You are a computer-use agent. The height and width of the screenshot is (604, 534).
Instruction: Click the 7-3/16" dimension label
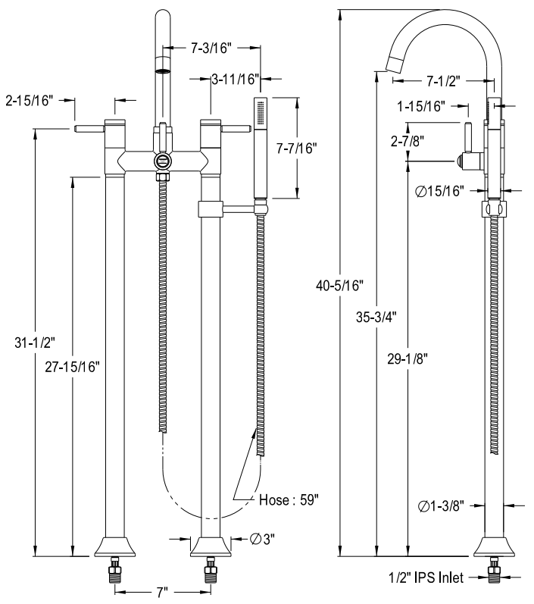[208, 48]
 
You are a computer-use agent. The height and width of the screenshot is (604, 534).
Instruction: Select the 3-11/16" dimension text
[236, 77]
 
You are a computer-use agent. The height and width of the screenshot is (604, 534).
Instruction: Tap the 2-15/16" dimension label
[30, 99]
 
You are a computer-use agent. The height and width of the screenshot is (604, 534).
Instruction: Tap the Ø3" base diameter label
[262, 539]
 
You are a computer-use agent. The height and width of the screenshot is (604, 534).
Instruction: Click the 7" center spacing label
[161, 592]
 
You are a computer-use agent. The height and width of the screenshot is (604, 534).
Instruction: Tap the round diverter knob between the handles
[161, 161]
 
